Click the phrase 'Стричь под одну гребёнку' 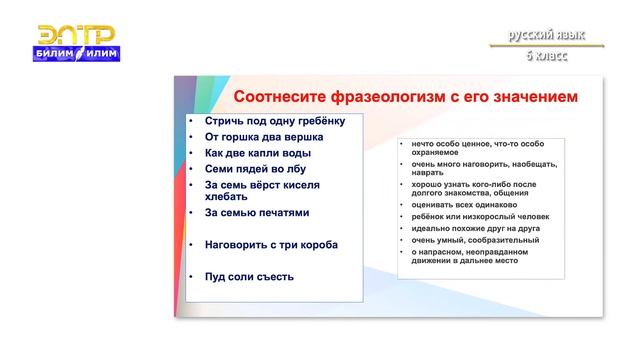(x=274, y=121)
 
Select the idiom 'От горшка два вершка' (x=261, y=137)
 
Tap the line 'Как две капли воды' (x=257, y=153)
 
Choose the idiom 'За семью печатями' (x=257, y=213)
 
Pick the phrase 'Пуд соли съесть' (x=249, y=276)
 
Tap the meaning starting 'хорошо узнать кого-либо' (x=476, y=185)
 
